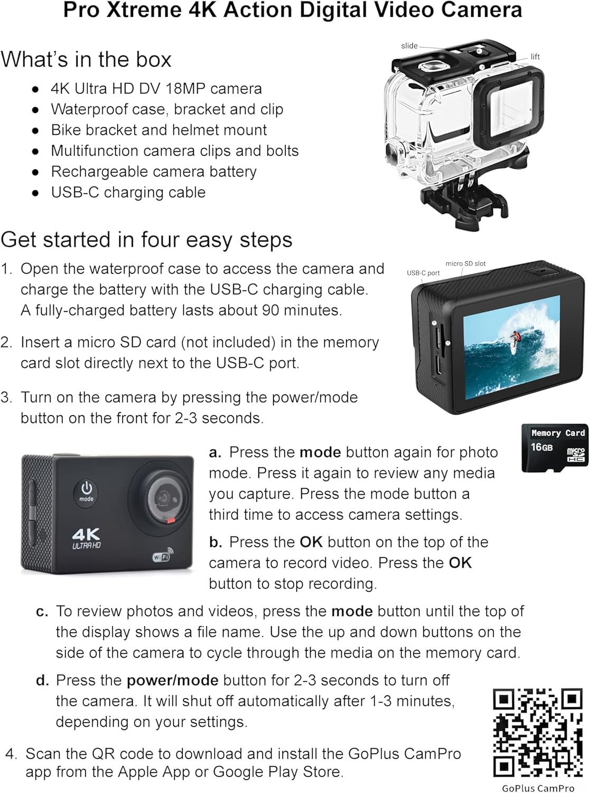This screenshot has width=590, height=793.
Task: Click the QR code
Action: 537,732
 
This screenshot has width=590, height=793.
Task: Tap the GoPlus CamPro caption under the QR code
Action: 538,788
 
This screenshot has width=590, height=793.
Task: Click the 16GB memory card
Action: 555,447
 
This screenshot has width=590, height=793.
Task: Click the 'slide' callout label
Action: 409,46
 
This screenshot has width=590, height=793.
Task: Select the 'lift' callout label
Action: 535,57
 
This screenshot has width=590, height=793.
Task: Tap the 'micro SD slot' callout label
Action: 465,263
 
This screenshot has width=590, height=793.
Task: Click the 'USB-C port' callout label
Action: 423,273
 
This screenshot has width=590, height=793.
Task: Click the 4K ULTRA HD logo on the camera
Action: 87,538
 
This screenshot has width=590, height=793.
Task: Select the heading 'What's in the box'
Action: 86,59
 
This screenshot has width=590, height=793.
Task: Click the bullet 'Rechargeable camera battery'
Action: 154,171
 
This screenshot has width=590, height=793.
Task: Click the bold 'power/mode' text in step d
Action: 172,680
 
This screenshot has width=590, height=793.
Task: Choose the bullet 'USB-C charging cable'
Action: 128,192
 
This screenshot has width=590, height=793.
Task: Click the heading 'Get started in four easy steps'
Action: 146,239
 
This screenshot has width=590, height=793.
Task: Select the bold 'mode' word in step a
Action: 320,452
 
